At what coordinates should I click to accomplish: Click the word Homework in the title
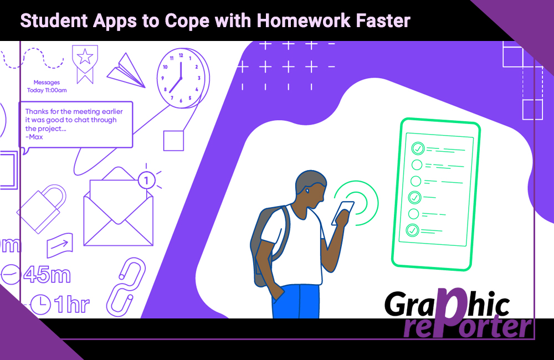(303, 21)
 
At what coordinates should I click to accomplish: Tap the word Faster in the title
(383, 21)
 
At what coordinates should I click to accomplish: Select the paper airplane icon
(126, 71)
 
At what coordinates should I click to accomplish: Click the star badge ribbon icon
(85, 64)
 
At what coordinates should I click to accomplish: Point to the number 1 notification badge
(146, 181)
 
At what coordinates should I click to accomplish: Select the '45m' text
(47, 275)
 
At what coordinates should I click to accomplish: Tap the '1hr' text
(71, 304)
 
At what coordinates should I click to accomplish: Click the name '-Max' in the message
(34, 137)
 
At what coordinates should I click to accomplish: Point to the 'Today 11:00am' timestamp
(47, 90)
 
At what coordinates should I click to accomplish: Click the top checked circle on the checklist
(418, 148)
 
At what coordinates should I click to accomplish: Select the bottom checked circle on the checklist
(412, 230)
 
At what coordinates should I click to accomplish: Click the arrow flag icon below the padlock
(60, 245)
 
